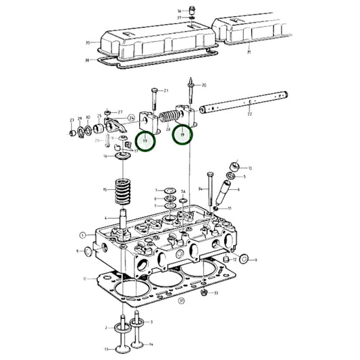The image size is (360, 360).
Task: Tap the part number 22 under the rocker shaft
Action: click(x=250, y=114)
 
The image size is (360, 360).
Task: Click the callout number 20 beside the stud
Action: click(x=204, y=86)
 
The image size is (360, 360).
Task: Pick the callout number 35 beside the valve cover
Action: click(x=87, y=43)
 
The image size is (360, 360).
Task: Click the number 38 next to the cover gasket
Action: click(x=87, y=59)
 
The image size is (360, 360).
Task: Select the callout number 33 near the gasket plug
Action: click(x=215, y=293)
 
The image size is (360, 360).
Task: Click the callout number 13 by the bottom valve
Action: click(x=105, y=349)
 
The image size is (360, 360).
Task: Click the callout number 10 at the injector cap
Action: click(x=250, y=168)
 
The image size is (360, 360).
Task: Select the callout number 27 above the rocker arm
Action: click(x=120, y=112)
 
